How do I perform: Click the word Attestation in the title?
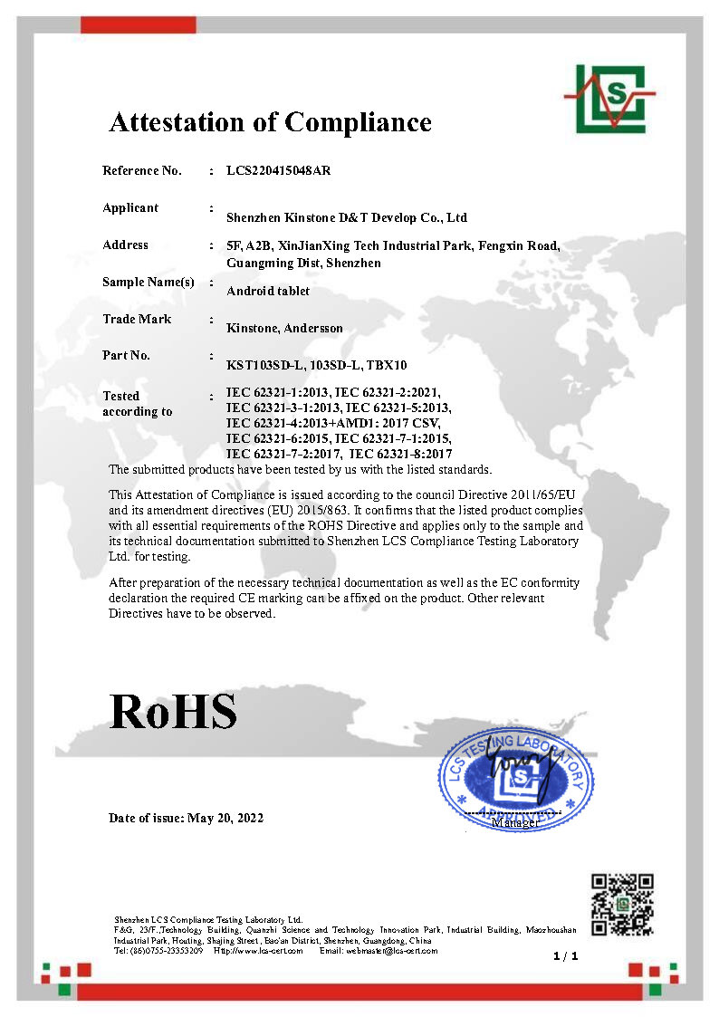click(x=183, y=122)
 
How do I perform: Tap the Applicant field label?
click(x=130, y=208)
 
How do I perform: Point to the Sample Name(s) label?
click(x=149, y=282)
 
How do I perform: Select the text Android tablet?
click(x=268, y=291)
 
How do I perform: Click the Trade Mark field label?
click(x=137, y=319)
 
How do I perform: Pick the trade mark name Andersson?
click(x=313, y=329)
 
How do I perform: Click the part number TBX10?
click(x=388, y=366)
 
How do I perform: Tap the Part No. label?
click(x=127, y=356)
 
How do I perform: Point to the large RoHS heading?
click(x=173, y=712)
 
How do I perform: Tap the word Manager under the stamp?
click(x=514, y=822)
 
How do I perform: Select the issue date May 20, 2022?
click(x=225, y=818)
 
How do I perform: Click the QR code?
click(x=622, y=905)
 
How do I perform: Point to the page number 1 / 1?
click(x=565, y=956)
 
